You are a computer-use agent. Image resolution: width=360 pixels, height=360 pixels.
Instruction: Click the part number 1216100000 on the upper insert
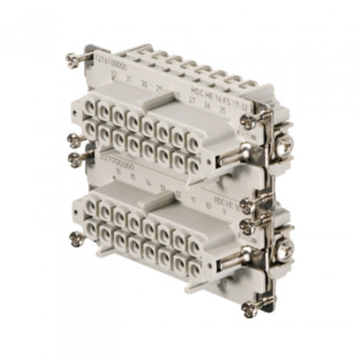coord(105,63)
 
